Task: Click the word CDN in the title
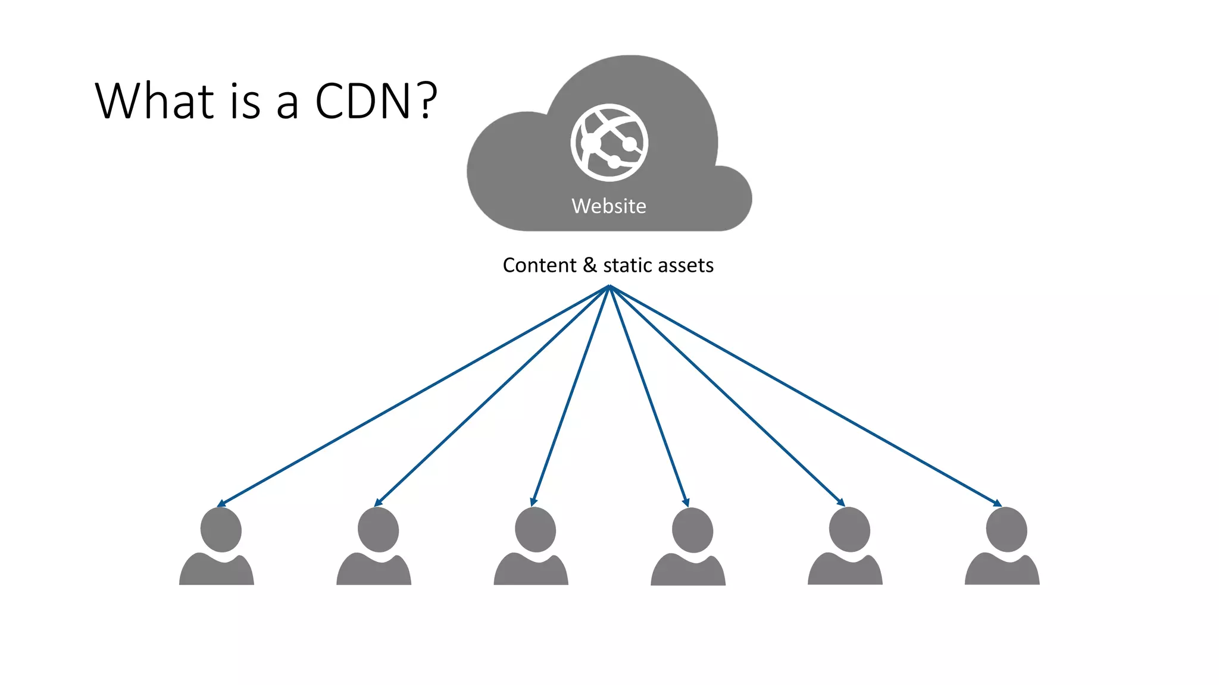pos(362,101)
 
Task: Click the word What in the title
pos(154,101)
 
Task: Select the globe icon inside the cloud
pos(609,143)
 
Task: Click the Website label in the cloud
pos(608,206)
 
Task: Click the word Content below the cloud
pos(539,265)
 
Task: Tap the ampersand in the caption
pos(590,265)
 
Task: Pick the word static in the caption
pos(624,265)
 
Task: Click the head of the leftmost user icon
pos(221,529)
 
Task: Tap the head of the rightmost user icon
pos(1007,529)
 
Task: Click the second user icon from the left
pos(375,547)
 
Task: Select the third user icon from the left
pos(532,547)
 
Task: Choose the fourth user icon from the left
pos(689,547)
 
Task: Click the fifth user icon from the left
pos(846,547)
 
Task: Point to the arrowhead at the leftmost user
pos(221,504)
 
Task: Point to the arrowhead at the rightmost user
pos(998,504)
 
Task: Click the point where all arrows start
pos(609,286)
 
